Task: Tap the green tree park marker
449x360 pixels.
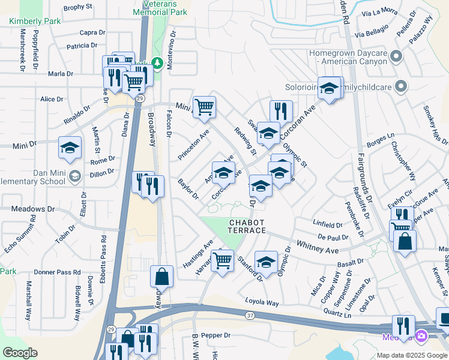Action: tap(157, 62)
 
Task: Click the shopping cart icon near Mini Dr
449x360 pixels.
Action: tap(205, 107)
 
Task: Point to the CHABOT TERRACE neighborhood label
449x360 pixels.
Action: tap(247, 226)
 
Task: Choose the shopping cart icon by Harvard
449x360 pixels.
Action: tap(222, 260)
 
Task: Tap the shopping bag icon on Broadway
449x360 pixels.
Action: tap(161, 276)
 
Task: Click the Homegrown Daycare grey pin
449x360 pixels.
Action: tap(396, 57)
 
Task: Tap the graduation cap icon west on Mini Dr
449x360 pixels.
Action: tap(70, 148)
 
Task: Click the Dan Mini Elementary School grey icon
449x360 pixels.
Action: tap(74, 176)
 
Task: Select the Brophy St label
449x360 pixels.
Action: tap(78, 7)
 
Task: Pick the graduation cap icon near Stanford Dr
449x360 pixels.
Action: tap(266, 261)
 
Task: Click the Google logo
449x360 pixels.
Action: tap(20, 353)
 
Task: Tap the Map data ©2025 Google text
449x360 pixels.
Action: tap(412, 355)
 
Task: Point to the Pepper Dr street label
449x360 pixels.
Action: tap(216, 335)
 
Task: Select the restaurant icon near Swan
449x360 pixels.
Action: tap(281, 110)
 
